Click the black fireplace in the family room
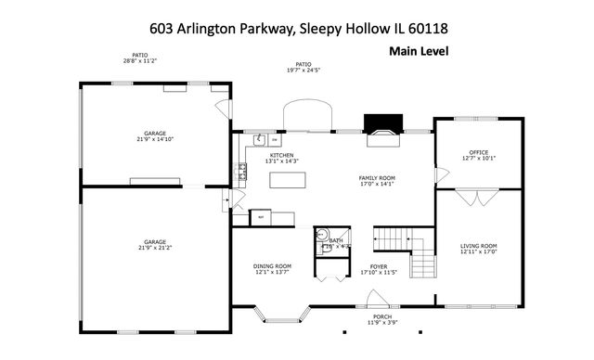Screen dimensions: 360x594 click(x=379, y=124)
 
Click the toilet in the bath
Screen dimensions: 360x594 click(x=322, y=236)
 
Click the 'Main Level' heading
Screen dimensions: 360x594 click(x=418, y=52)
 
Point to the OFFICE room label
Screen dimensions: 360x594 click(x=479, y=150)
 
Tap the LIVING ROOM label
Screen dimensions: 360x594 click(x=479, y=246)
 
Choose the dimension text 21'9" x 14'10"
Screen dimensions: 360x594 click(x=155, y=139)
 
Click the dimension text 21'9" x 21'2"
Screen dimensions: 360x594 click(x=155, y=249)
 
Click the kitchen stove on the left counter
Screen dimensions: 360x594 click(x=242, y=171)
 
